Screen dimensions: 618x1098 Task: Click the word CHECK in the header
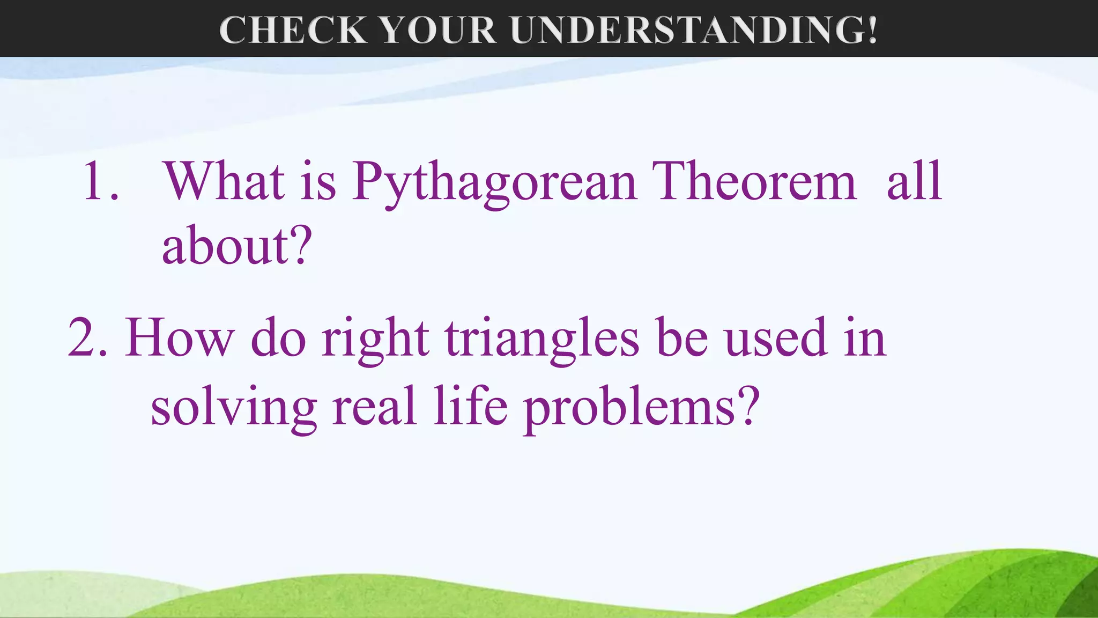pyautogui.click(x=293, y=30)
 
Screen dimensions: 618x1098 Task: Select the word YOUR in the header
pyautogui.click(x=438, y=30)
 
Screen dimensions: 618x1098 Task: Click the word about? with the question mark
pyautogui.click(x=236, y=246)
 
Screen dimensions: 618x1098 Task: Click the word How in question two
pyautogui.click(x=179, y=338)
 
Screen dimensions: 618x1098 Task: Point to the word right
pyautogui.click(x=375, y=339)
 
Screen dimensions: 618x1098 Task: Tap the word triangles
pyautogui.click(x=542, y=339)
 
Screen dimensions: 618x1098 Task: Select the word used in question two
pyautogui.click(x=775, y=338)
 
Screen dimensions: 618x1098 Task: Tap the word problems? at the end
pyautogui.click(x=641, y=408)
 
